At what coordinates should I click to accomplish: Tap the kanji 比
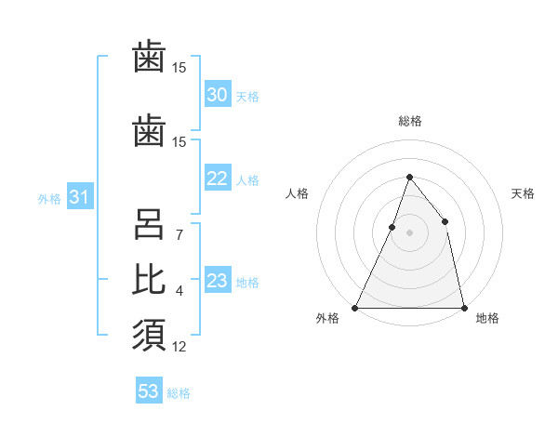tap(149, 279)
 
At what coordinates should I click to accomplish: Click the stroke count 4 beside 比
tap(179, 291)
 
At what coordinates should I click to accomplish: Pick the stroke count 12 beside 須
tap(179, 347)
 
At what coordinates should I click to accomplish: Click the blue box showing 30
tap(218, 95)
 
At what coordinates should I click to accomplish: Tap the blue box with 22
tap(218, 179)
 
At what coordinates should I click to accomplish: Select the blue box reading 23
tap(218, 282)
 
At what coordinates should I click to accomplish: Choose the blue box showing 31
tap(79, 197)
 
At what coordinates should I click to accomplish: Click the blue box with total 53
tap(149, 391)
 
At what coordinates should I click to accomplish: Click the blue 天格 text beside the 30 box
tap(246, 97)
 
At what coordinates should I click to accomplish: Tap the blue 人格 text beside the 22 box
tap(246, 180)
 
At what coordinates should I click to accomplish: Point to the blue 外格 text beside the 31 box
tap(49, 198)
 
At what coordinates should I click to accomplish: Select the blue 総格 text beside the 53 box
tap(179, 393)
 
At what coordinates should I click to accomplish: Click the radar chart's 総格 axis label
tap(409, 121)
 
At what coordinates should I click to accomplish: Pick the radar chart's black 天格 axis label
tap(523, 193)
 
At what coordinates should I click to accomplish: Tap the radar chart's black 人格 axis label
tap(297, 193)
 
